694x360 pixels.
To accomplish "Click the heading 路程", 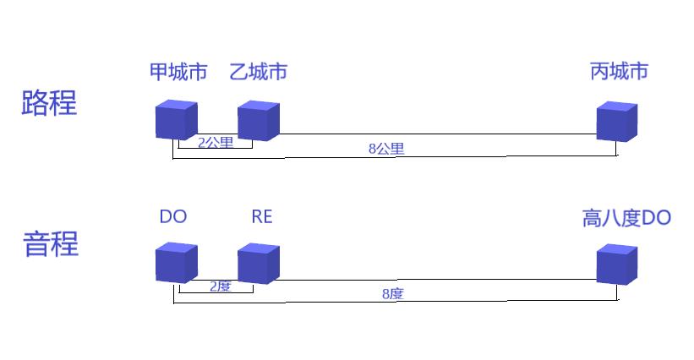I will pos(49,103).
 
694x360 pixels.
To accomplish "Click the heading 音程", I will pos(50,244).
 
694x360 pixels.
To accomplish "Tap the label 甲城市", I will pos(178,72).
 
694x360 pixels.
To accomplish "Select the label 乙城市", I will pos(259,72).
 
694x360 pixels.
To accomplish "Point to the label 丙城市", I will pos(619,72).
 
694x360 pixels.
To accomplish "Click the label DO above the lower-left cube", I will pos(173,217).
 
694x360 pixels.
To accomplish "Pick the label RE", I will pos(262,217).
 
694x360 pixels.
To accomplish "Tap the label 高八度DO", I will pos(626,219).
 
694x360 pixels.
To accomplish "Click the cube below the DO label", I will pos(177,263).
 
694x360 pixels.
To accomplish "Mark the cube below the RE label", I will pos(258,263).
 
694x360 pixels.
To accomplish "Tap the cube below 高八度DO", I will pos(617,265).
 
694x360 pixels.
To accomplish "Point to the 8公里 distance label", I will pos(386,149).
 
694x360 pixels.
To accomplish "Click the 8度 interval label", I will pos(392,294).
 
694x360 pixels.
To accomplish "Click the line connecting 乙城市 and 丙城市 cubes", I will pos(437,134).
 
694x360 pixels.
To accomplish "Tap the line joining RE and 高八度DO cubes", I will pos(437,280).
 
